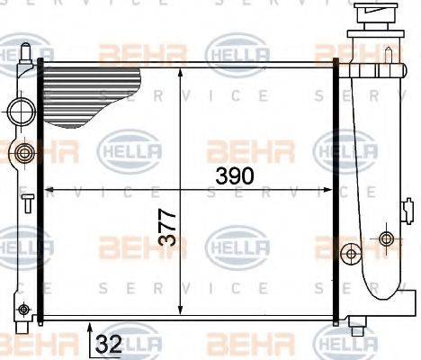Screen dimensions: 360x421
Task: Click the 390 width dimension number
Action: (x=235, y=175)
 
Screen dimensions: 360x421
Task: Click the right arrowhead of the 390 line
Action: (x=328, y=190)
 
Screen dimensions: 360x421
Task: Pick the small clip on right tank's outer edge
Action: (x=407, y=215)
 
